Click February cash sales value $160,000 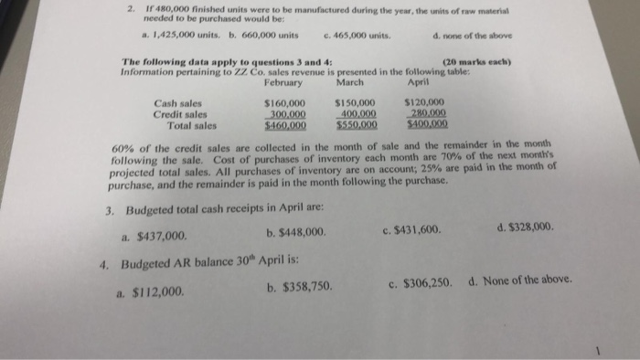[x=284, y=103]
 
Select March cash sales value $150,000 [x=356, y=103]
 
